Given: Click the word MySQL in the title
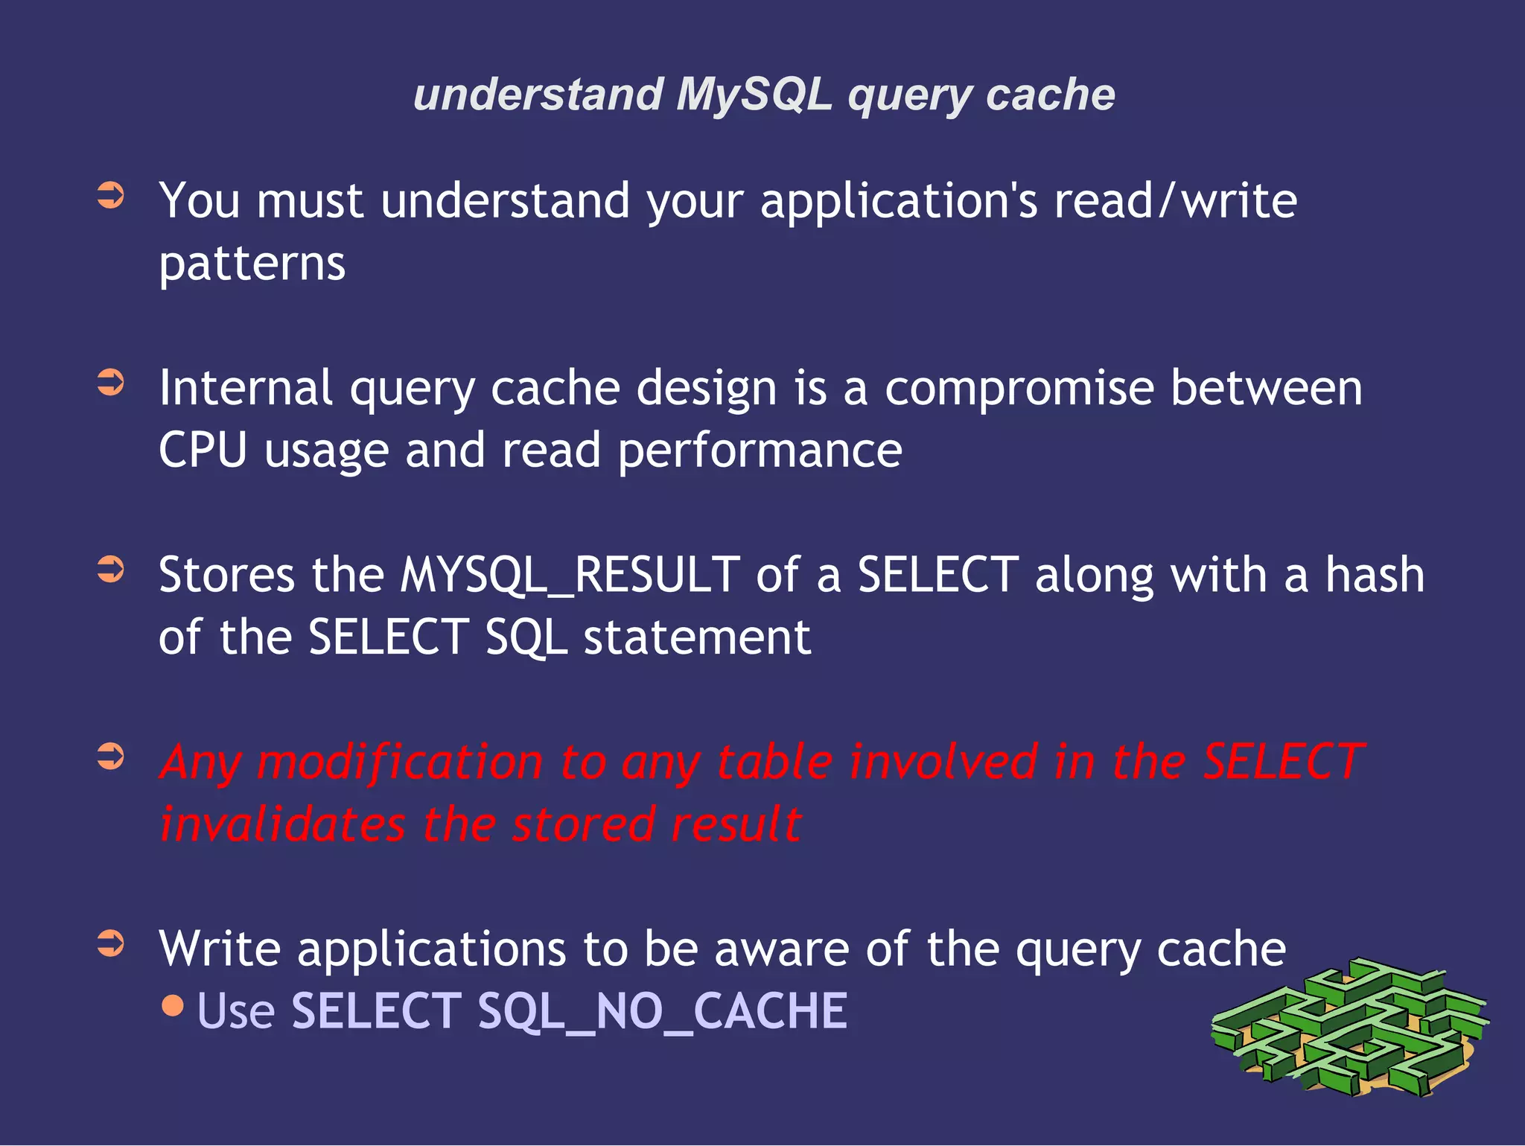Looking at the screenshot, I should click(754, 95).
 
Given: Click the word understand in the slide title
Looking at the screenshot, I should click(538, 95).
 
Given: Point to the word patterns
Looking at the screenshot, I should click(252, 264).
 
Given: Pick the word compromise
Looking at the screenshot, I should click(1019, 389).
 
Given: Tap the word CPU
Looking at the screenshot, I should click(203, 451).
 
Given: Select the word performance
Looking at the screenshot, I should click(760, 452).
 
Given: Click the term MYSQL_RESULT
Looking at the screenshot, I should click(570, 576).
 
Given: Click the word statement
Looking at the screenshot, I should click(697, 638).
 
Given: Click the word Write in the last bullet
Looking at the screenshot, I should click(220, 949).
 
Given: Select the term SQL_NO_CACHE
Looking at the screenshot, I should click(662, 1011).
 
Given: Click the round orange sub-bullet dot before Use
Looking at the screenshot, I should click(173, 1007).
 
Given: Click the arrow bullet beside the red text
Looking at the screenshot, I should click(111, 757).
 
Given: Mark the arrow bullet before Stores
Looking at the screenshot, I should click(111, 570).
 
